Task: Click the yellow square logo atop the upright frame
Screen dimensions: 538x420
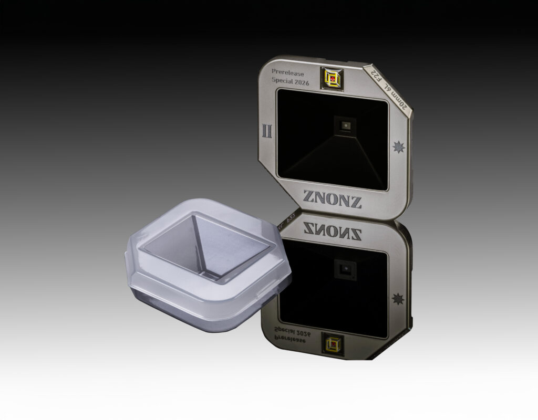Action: pos(332,79)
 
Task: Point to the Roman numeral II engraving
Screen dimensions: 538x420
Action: pos(267,131)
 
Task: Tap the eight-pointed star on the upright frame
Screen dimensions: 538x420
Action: pos(399,147)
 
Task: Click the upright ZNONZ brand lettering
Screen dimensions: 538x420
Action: pos(332,199)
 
